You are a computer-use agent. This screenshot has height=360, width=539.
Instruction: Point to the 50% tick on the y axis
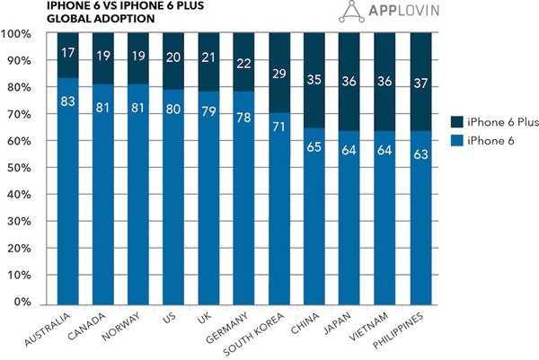pyautogui.click(x=19, y=168)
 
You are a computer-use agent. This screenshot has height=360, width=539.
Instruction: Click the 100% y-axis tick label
pyautogui.click(x=17, y=34)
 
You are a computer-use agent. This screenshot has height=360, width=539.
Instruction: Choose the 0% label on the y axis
pyautogui.click(x=22, y=303)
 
